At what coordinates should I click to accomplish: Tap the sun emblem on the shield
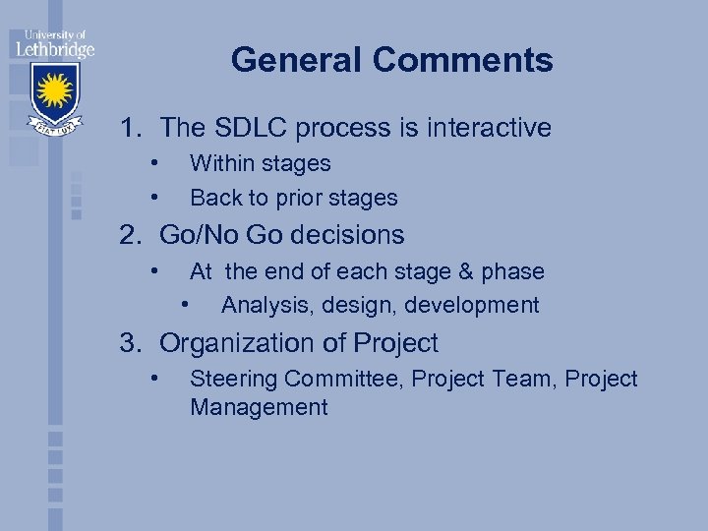(55, 91)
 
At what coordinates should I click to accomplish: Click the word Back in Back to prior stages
(214, 198)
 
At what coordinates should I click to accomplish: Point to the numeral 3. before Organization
(132, 343)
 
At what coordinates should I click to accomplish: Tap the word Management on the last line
(259, 408)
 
